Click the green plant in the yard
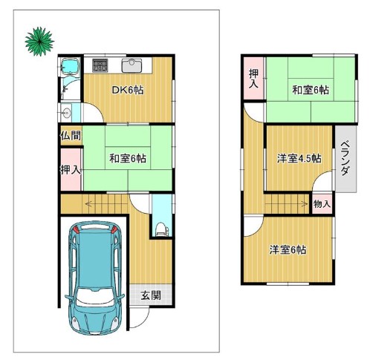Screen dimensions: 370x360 tap(39, 42)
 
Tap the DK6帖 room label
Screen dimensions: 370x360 tap(128, 90)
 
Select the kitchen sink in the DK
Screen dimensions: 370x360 tap(132, 65)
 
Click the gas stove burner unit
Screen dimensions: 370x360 tap(100, 65)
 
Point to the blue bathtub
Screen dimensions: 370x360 tap(70, 66)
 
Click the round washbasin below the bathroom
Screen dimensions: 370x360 tap(66, 113)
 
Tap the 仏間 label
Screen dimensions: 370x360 tap(71, 135)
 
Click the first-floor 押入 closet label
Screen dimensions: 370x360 tap(71, 170)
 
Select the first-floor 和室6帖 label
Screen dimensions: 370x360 tap(128, 158)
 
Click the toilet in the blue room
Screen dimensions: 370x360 tap(161, 229)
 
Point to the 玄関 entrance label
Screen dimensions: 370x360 tap(151, 295)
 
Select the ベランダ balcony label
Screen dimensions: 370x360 tap(345, 159)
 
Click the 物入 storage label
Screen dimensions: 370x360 tap(322, 204)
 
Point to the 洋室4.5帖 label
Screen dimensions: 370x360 tap(299, 158)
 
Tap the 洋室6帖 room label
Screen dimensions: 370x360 tap(288, 250)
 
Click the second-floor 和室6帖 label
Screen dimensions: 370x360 tap(311, 90)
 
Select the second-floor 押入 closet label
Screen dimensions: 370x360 tap(253, 79)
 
